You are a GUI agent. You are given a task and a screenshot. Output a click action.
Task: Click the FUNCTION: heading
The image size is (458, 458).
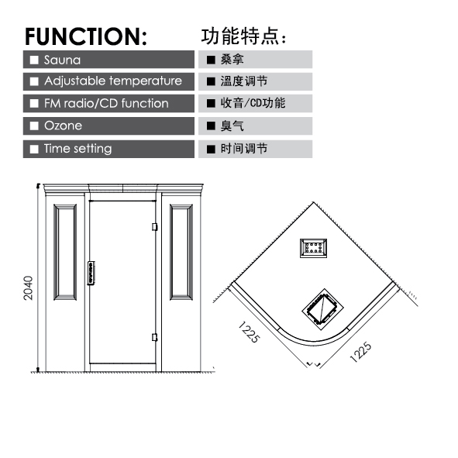coord(86,36)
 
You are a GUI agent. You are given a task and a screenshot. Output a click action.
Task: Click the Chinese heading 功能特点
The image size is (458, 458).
coord(243,36)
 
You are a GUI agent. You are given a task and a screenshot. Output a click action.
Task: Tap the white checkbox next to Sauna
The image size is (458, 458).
coord(34,60)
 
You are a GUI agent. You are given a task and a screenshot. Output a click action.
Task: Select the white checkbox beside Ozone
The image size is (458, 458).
coord(34,126)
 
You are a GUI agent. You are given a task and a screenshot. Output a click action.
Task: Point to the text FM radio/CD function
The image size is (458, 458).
coord(106,103)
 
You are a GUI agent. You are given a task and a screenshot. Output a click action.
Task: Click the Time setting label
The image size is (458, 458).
coord(78,149)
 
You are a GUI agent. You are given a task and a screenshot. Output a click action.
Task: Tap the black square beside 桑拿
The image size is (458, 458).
coord(211,60)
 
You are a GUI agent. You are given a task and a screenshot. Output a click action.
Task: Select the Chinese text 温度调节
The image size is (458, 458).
coord(244,81)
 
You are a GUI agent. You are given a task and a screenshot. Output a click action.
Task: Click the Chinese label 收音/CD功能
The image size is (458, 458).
coord(253,103)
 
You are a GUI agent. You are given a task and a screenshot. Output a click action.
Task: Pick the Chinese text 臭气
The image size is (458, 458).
coord(232,126)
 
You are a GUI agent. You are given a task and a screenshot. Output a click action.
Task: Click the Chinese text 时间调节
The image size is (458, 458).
coord(244,149)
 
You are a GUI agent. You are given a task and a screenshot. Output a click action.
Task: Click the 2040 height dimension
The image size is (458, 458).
coord(29,288)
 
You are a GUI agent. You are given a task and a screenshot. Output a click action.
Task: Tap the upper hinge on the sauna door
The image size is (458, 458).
coord(155,227)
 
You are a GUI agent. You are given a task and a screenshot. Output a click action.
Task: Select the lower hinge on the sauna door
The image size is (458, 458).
coord(155,337)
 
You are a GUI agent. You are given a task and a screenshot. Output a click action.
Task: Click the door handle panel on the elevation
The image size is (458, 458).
coord(91,273)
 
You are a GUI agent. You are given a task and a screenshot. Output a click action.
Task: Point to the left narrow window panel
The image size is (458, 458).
coord(65,252)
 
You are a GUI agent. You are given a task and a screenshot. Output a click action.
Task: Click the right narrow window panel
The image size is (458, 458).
coord(181,252)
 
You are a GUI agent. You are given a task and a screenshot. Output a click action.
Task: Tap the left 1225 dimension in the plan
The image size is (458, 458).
coord(249,332)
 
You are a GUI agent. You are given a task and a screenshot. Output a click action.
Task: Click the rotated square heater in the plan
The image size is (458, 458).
coord(322,309)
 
